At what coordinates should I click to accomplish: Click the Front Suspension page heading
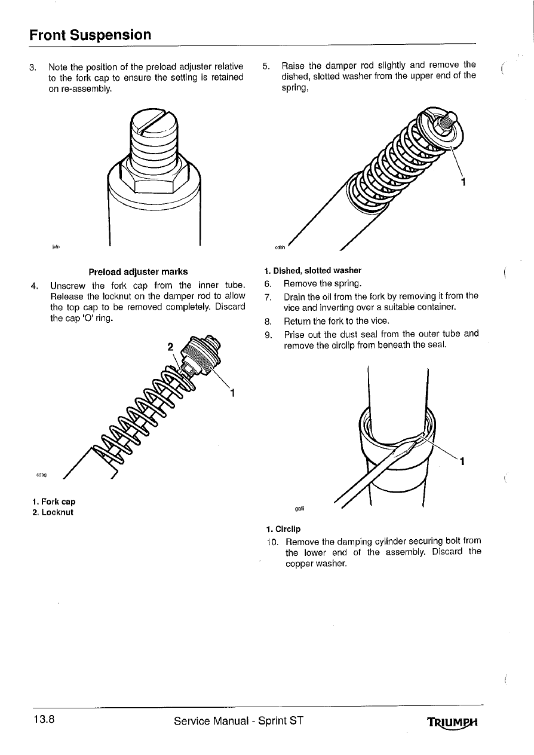click(x=90, y=35)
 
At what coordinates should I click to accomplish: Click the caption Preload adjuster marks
click(x=138, y=271)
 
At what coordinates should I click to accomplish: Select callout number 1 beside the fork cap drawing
click(x=232, y=393)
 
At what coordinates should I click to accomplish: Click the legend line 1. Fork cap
click(x=54, y=502)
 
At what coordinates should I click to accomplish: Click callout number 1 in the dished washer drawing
click(x=463, y=182)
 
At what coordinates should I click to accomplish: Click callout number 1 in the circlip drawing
click(x=463, y=461)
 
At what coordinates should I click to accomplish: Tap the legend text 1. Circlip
click(x=284, y=529)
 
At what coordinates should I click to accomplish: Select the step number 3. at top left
click(x=33, y=66)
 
